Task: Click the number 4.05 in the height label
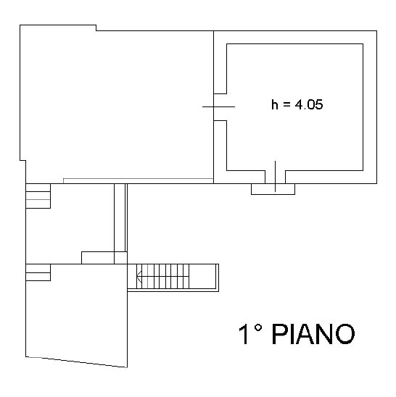pos(309,104)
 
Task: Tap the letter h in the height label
pos(275,104)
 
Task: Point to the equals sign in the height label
pos(286,105)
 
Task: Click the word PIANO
pos(313,334)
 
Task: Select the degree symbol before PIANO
pos(257,328)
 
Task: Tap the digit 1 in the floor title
pos(244,334)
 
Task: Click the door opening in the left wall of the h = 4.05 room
pos(220,107)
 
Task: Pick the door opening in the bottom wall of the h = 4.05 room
pos(276,177)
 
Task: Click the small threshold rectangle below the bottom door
pos(273,189)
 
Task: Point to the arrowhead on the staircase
pos(139,276)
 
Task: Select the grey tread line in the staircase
pos(147,276)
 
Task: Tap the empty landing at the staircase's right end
pos(202,276)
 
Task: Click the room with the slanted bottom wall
pos(76,313)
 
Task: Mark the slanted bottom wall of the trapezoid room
pos(76,362)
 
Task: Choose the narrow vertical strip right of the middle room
pos(120,218)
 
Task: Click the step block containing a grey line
pos(38,196)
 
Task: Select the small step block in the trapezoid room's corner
pos(38,272)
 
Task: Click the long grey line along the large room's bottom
pos(139,179)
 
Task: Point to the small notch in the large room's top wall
pos(96,28)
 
